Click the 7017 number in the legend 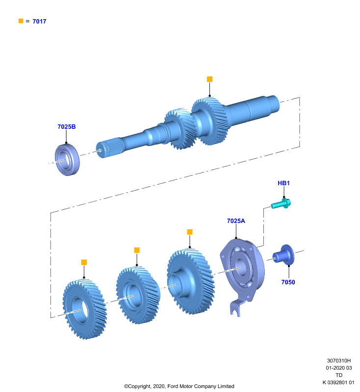coord(39,22)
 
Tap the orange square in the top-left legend coord(21,21)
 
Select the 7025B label coord(67,127)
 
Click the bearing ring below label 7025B coord(67,160)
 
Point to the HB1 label coord(283,183)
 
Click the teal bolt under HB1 coord(281,203)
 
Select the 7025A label coord(236,221)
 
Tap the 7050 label coord(288,282)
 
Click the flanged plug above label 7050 coord(283,255)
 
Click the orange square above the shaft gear coord(209,79)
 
